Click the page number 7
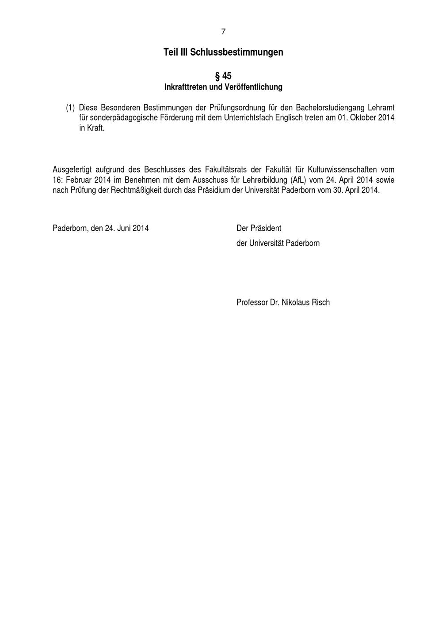point(223,32)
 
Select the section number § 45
point(223,76)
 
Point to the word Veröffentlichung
point(253,87)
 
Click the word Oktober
point(363,118)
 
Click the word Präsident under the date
point(266,229)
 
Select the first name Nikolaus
point(297,302)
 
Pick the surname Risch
point(321,302)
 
